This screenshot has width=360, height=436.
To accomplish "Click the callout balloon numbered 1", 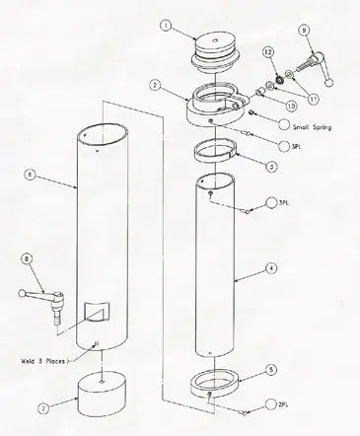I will coord(168,27).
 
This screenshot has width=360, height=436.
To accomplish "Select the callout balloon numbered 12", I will coord(268,51).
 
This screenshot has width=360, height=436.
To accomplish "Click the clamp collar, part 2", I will coord(221,103).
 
